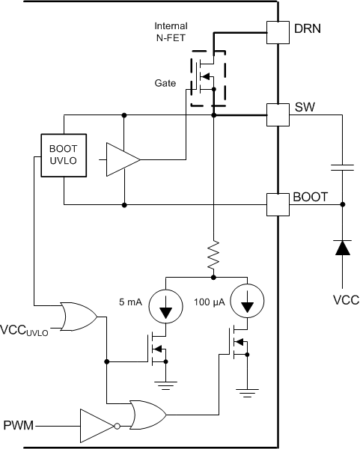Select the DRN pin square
(x=278, y=29)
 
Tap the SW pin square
(x=278, y=114)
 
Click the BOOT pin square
(x=278, y=203)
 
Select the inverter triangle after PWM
(x=97, y=425)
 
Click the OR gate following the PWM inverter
(x=147, y=413)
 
